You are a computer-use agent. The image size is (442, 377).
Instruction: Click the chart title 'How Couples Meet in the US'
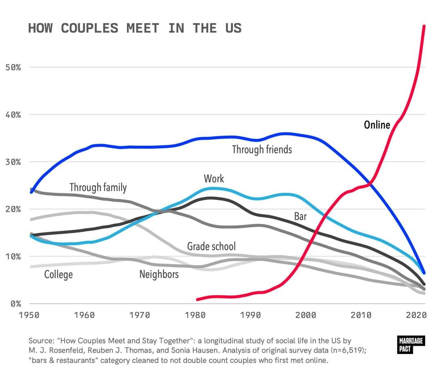[135, 28]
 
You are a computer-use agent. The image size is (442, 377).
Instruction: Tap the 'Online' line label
[377, 125]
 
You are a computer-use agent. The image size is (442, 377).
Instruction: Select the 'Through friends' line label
[262, 149]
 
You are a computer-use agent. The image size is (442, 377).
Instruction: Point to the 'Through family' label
[98, 187]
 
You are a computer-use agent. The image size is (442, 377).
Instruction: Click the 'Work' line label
[214, 178]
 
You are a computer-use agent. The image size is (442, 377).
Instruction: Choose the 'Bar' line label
[300, 216]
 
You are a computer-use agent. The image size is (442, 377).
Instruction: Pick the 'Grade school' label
[211, 246]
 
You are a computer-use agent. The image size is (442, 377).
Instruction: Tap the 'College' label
[59, 274]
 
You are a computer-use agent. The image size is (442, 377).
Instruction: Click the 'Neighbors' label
[159, 274]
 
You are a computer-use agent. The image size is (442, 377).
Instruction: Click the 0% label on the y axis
[15, 304]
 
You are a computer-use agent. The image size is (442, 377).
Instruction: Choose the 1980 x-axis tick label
[195, 315]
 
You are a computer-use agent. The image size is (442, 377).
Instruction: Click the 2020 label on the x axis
[416, 315]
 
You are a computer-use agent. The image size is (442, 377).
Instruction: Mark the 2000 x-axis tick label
[306, 315]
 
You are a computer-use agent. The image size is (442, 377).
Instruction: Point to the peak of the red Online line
[424, 26]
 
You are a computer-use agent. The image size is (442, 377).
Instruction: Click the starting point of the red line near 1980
[197, 299]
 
